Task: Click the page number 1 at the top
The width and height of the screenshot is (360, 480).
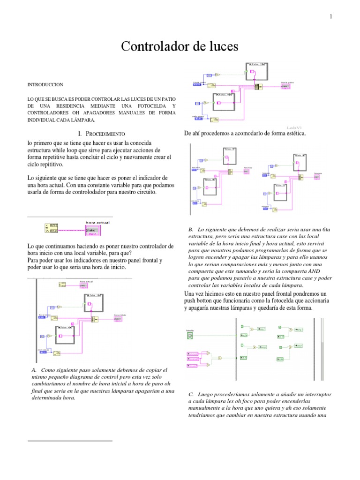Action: pos(331,17)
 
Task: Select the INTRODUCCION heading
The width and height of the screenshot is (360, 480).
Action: pos(45,84)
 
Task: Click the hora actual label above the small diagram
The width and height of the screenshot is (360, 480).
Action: pos(97,222)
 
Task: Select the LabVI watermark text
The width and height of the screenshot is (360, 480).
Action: pos(293,127)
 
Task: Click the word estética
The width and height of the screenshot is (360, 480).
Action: pos(293,134)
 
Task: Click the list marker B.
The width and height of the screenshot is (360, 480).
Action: pos(191,229)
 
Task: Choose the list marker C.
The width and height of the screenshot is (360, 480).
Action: pos(191,395)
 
